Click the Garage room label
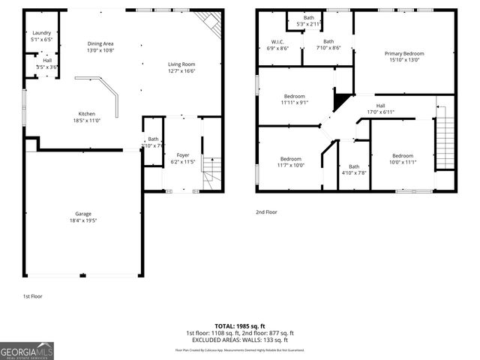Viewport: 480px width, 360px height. (x=82, y=214)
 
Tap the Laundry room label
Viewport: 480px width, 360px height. (x=41, y=33)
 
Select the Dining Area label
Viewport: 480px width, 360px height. (x=101, y=44)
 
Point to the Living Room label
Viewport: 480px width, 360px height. (x=181, y=64)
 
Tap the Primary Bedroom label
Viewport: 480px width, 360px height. (x=404, y=53)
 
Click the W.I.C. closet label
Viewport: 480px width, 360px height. (x=277, y=41)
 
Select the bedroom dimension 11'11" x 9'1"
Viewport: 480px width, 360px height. (x=294, y=103)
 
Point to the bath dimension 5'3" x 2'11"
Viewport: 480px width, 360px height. (x=309, y=24)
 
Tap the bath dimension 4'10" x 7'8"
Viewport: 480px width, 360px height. (x=354, y=172)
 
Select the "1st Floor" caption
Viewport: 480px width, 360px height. (x=32, y=296)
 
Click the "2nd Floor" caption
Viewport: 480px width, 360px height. (x=266, y=212)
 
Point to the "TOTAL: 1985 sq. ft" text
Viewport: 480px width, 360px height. (x=239, y=326)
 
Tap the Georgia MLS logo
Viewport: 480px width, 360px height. (x=27, y=349)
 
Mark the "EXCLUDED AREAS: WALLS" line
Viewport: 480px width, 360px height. (x=239, y=340)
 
